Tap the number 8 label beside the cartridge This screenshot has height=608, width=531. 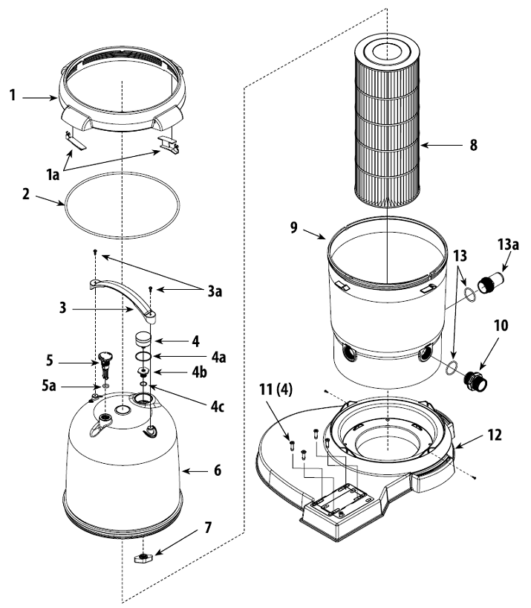pos(473,145)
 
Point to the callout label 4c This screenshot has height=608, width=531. pos(195,386)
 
